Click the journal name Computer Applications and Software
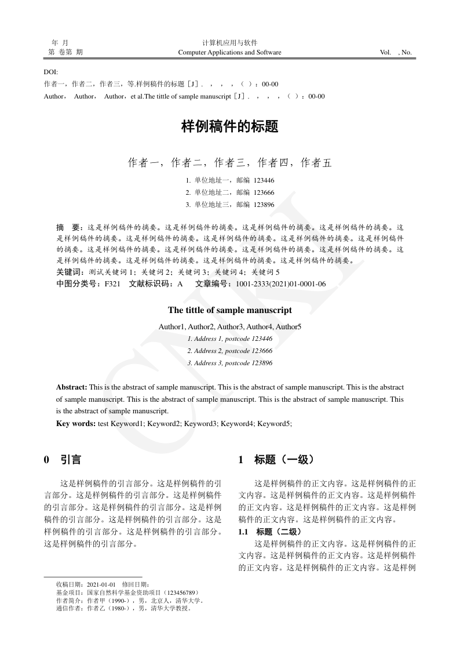tap(229, 52)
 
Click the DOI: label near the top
tap(51, 72)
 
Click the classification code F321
tap(112, 284)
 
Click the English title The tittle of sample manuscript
tap(229, 311)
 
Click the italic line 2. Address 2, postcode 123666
tap(229, 351)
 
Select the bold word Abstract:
tap(72, 387)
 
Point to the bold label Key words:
tap(76, 424)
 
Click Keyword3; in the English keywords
tap(200, 424)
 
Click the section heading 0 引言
tap(63, 460)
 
